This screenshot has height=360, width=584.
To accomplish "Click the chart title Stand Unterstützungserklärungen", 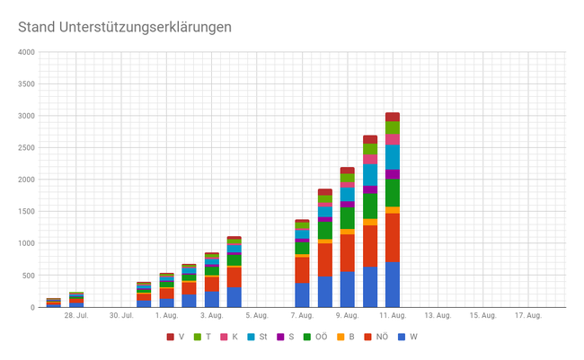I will (125, 27).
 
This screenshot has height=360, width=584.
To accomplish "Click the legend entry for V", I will (177, 337).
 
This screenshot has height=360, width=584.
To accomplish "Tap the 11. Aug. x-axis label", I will (392, 315).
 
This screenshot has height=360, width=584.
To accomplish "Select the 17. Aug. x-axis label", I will (527, 315).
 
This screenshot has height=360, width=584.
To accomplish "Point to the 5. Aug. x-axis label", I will (256, 315).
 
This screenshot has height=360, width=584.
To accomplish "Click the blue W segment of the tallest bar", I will (393, 285).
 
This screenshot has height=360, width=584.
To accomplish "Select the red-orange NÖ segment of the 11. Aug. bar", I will (393, 237).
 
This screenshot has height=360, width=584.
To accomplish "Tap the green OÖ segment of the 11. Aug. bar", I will (393, 192).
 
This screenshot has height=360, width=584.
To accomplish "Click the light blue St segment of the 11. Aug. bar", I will (393, 157).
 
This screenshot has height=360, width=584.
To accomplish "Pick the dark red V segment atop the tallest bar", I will (393, 117).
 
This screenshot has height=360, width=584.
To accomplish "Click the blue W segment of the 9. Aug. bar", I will (347, 289).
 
